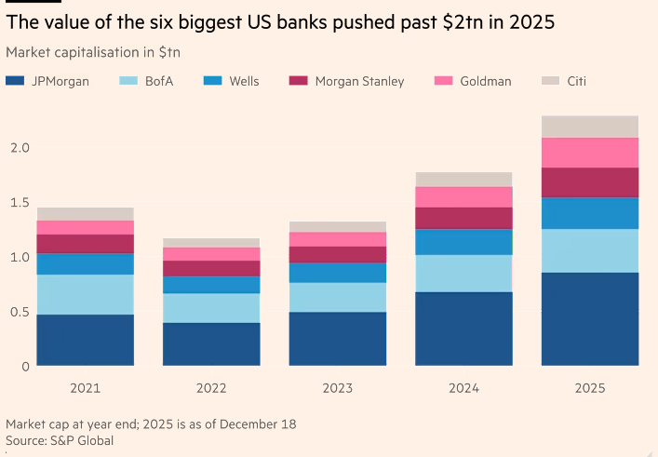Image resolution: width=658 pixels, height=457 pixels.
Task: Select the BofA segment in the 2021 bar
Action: tap(86, 294)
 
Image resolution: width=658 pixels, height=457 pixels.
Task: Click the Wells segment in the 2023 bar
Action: tap(338, 272)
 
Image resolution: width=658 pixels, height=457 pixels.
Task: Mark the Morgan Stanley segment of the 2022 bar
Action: tap(212, 268)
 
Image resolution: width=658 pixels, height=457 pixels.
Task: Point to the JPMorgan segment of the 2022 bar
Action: tap(212, 344)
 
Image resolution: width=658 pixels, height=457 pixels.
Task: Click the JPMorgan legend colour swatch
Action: tap(14, 82)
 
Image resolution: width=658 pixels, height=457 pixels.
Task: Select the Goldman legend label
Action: tap(485, 82)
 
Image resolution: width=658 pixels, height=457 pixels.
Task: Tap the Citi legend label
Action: tap(576, 82)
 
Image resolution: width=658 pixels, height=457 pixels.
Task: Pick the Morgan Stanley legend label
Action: tap(359, 82)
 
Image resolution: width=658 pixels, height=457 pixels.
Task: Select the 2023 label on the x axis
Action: tap(338, 387)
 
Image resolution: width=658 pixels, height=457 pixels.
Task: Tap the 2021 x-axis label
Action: tap(86, 387)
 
